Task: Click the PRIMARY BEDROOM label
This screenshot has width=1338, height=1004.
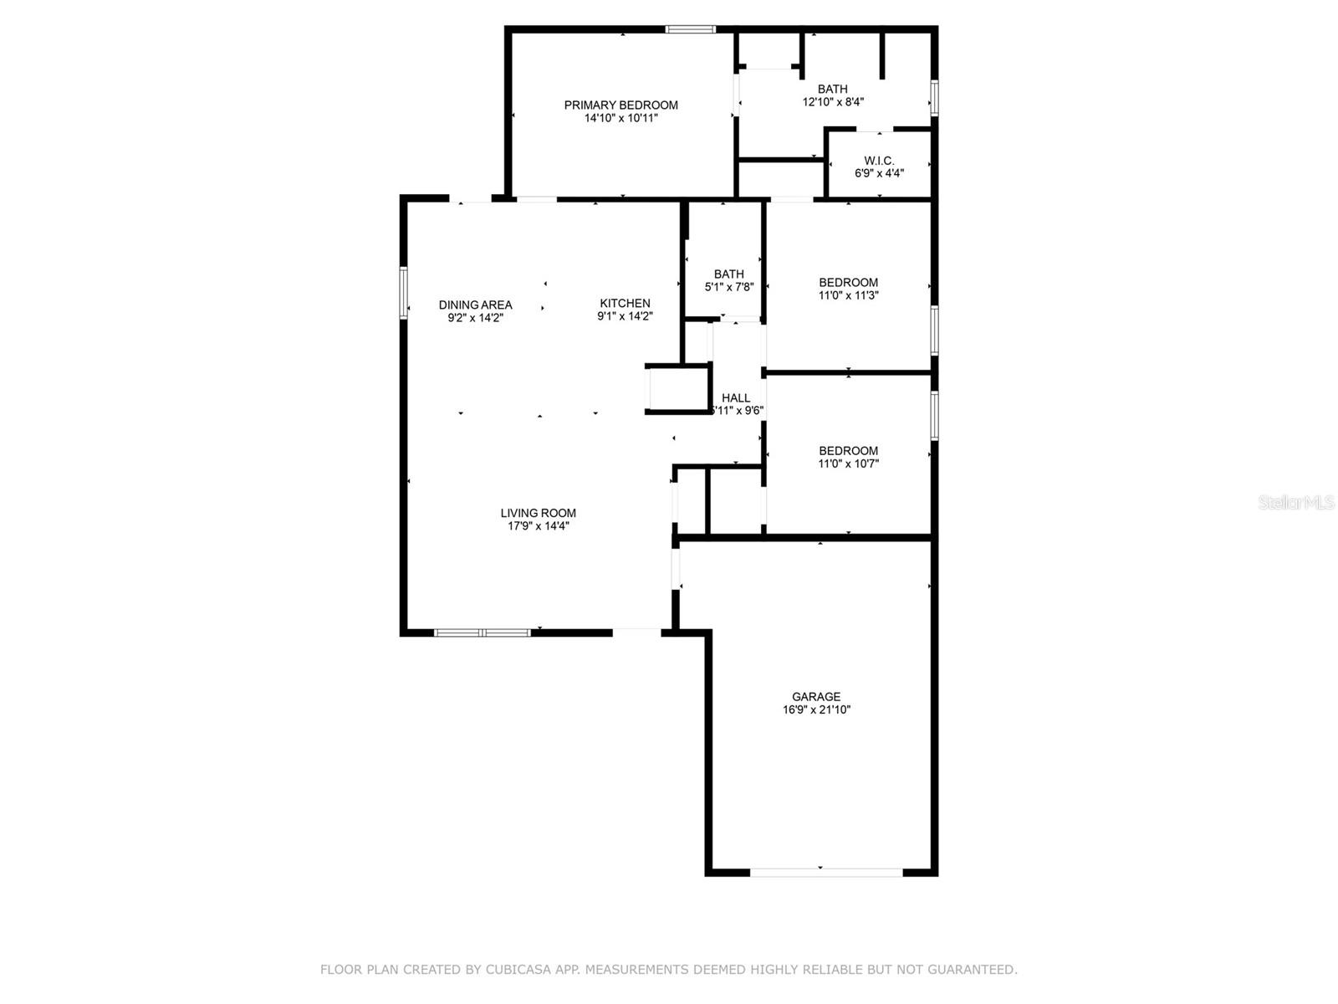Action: [620, 105]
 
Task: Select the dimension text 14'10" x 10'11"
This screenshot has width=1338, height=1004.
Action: [620, 119]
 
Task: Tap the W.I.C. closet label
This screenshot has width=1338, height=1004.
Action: [879, 161]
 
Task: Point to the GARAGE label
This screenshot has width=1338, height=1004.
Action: [816, 696]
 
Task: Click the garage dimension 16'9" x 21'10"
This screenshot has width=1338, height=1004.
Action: [816, 709]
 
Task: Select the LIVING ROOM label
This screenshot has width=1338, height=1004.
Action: [538, 513]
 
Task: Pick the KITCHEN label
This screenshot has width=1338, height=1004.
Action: [625, 303]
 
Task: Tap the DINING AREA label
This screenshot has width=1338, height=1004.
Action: [475, 305]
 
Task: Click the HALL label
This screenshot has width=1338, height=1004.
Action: [736, 397]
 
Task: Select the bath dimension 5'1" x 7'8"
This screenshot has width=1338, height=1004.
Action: [729, 287]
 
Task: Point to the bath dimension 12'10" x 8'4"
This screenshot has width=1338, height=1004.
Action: [833, 102]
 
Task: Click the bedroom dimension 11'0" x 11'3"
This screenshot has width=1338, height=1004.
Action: [848, 295]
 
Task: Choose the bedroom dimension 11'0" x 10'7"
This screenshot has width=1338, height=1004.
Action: [848, 464]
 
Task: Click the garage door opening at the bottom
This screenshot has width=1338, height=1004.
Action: [825, 872]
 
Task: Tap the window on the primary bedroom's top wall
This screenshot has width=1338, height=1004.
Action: [690, 29]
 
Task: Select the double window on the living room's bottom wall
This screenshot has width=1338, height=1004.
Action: [483, 633]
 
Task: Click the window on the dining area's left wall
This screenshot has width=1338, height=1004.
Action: [403, 293]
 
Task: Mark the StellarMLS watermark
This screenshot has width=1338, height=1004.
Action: [1296, 503]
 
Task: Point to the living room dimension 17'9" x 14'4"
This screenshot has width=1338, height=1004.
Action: [538, 526]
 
